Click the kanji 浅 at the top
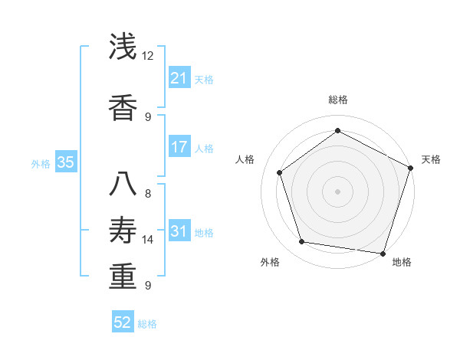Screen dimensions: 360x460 coord(123,47)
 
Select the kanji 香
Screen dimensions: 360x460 coord(123,107)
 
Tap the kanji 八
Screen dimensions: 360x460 coord(123,183)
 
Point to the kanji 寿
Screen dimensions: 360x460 coord(123,229)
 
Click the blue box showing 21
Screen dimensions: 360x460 coord(179,78)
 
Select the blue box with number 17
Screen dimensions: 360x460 coord(179,147)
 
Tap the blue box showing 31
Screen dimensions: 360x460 coord(179,231)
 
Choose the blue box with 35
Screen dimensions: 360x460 coord(65,162)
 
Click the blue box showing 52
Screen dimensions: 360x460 coord(123,322)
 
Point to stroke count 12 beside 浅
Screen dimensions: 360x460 coord(148,56)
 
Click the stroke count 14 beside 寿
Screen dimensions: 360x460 coord(148,240)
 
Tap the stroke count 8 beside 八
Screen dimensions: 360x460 coord(148,193)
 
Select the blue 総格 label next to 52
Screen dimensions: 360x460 coord(147,324)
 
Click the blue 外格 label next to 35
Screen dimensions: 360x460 coord(41,163)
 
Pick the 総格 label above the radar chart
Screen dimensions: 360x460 coord(337,100)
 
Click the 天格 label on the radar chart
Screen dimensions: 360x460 coord(431,159)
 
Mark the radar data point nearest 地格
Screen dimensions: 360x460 coord(383,253)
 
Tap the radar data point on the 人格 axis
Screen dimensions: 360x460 coord(280,172)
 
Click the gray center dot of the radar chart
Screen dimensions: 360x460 coord(337,191)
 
